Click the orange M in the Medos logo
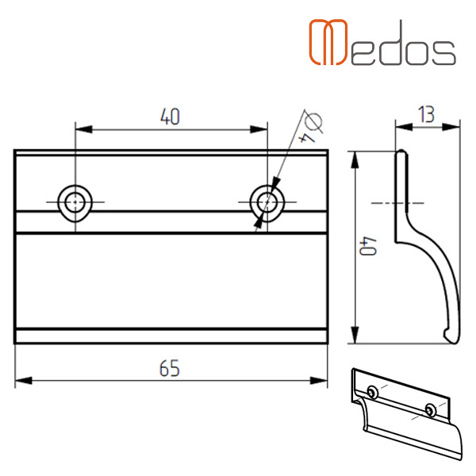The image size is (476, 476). click(x=328, y=42)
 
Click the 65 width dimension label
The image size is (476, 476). click(x=170, y=368)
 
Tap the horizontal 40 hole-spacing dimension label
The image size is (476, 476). click(x=170, y=117)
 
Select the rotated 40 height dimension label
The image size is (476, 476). click(x=368, y=246)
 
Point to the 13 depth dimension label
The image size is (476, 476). click(x=426, y=114)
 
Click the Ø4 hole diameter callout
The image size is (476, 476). click(x=310, y=127)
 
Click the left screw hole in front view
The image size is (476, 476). click(x=75, y=202)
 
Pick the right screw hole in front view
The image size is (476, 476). click(x=267, y=202)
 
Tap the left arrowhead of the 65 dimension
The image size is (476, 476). click(x=23, y=380)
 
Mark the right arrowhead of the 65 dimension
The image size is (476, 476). click(x=319, y=380)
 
